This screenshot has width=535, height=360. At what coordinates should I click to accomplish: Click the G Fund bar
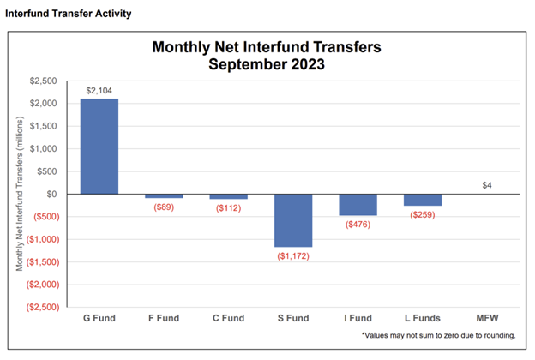pyautogui.click(x=99, y=147)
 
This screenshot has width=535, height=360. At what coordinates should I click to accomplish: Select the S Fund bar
pyautogui.click(x=293, y=220)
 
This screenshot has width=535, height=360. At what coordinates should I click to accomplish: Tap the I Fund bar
pyautogui.click(x=358, y=205)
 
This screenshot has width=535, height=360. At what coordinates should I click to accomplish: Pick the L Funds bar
pyautogui.click(x=423, y=200)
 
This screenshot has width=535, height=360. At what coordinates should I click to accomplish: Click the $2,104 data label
pyautogui.click(x=99, y=90)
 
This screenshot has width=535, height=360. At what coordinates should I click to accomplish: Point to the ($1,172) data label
pyautogui.click(x=293, y=256)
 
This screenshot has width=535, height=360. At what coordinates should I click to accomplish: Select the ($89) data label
pyautogui.click(x=164, y=207)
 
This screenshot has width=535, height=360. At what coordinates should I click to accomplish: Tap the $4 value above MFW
pyautogui.click(x=487, y=185)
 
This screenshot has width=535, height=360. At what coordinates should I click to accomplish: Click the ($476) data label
pyautogui.click(x=358, y=225)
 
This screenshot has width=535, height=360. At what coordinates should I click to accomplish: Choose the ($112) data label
pyautogui.click(x=229, y=208)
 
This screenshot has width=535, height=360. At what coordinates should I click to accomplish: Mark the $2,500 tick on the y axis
pyautogui.click(x=44, y=81)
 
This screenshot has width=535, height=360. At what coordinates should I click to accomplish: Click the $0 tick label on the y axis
pyautogui.click(x=51, y=195)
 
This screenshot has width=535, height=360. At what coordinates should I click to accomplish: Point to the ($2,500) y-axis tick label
pyautogui.click(x=43, y=307)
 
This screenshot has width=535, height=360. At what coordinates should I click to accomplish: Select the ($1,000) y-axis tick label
pyautogui.click(x=43, y=239)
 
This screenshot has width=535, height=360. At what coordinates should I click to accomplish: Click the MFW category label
pyautogui.click(x=487, y=318)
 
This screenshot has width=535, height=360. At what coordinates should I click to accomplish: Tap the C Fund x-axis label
pyautogui.click(x=229, y=318)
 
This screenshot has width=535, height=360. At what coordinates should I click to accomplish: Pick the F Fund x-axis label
pyautogui.click(x=164, y=318)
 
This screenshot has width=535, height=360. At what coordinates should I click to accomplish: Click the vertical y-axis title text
pyautogui.click(x=20, y=194)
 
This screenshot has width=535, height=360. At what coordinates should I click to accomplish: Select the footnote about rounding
pyautogui.click(x=439, y=335)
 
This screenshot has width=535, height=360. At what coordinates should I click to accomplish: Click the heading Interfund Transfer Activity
pyautogui.click(x=69, y=14)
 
